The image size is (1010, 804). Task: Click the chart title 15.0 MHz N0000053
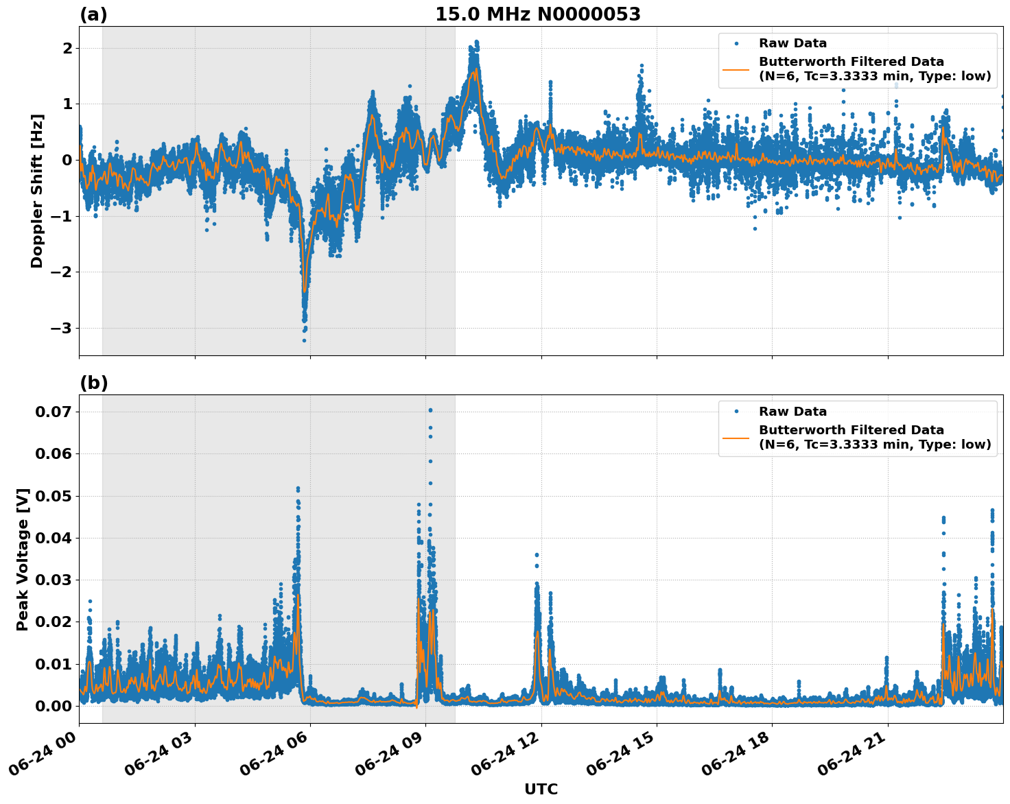[x=537, y=14]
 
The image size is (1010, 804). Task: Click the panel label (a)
[x=93, y=14]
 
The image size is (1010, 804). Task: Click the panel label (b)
[x=93, y=383]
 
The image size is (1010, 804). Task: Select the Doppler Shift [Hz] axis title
[x=37, y=191]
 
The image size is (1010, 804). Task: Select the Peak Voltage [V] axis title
[x=23, y=559]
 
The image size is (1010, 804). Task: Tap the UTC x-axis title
[x=541, y=789]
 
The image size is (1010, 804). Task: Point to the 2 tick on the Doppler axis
[x=67, y=48]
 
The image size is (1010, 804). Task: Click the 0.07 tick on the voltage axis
[x=54, y=412]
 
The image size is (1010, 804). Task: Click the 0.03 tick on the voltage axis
[x=54, y=580]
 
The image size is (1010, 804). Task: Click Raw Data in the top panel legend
[x=792, y=43]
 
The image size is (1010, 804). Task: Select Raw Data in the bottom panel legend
[x=792, y=412]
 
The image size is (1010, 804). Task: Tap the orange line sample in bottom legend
[x=736, y=437]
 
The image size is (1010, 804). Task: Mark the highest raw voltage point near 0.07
[x=430, y=410]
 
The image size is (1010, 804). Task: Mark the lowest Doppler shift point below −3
[x=304, y=340]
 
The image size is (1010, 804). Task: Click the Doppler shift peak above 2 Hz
[x=476, y=42]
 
